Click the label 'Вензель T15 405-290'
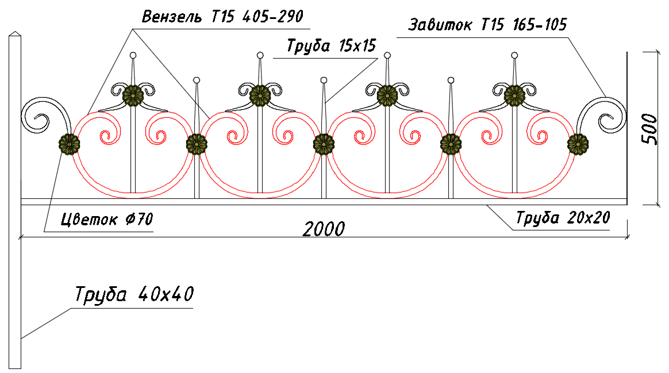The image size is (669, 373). pos(222,17)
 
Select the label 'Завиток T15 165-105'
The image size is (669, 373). pos(488,25)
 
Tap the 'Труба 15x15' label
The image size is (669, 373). pos(331,45)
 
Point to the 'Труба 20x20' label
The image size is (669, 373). pos(563,218)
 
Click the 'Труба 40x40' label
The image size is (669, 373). pos(134,294)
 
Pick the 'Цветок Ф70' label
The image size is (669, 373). pos(107,220)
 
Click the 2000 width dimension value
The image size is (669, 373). pos(324,229)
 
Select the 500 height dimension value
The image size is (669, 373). pos(649,129)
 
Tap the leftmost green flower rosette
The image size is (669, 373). pos(69,144)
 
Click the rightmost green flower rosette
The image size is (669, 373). pos(578,144)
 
